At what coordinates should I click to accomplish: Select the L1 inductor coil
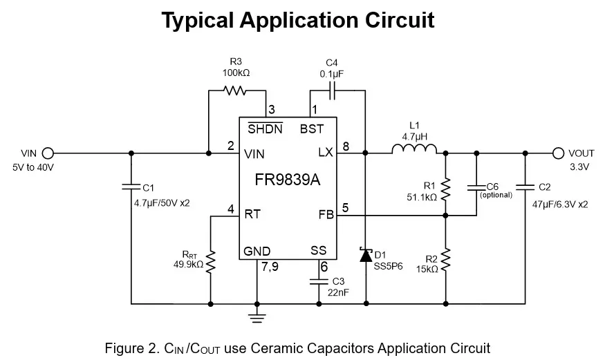click(414, 149)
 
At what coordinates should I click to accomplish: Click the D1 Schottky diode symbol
click(366, 254)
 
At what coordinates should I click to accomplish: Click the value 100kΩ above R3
click(236, 72)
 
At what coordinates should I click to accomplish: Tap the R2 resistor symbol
click(446, 259)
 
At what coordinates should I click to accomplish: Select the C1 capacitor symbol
click(131, 187)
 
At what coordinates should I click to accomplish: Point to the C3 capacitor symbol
click(319, 281)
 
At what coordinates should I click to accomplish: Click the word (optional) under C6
click(496, 196)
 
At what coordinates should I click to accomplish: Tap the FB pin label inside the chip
click(326, 215)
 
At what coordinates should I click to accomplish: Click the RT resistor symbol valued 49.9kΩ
click(211, 261)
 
